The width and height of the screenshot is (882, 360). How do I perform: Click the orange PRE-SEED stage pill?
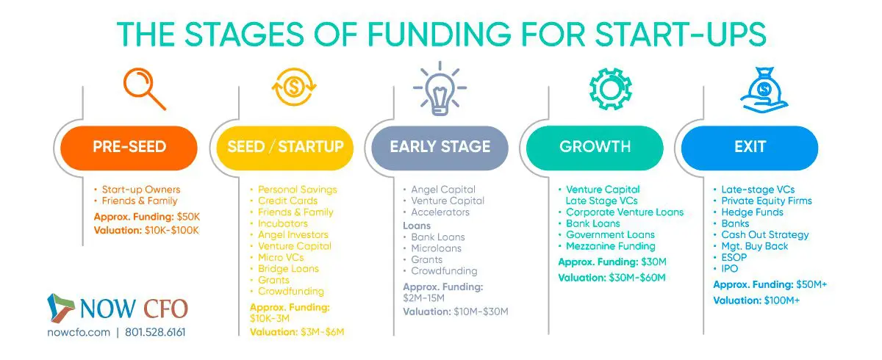[x=129, y=147]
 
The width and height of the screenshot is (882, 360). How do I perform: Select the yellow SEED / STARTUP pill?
[x=285, y=147]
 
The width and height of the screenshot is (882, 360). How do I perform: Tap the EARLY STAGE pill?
[x=440, y=147]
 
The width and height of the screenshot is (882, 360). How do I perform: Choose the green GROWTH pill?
[x=595, y=147]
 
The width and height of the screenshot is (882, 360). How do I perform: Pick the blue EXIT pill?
[x=750, y=147]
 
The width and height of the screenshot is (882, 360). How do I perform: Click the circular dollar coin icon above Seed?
[x=294, y=87]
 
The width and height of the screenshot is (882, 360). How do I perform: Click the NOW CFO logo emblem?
[x=60, y=309]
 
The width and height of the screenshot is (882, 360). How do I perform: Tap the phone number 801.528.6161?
[x=154, y=332]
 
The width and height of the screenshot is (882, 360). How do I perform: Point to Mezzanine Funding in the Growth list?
[x=610, y=246]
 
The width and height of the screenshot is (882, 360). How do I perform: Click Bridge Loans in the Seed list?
[x=288, y=269]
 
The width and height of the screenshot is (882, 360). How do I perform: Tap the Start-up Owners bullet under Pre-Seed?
[x=140, y=190]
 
